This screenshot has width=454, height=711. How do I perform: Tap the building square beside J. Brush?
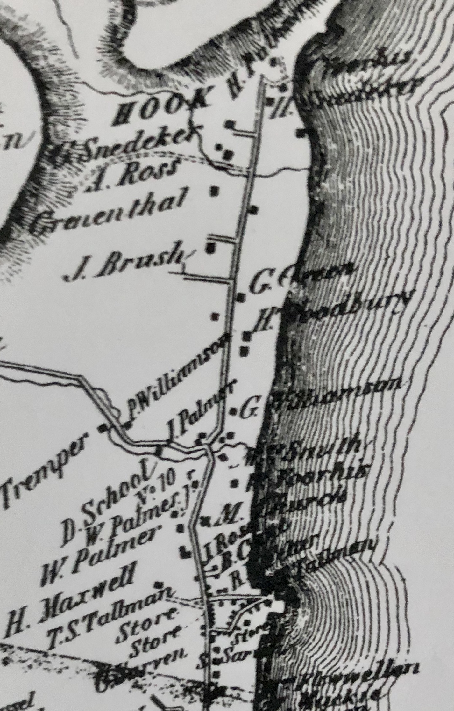pos(210,247)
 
